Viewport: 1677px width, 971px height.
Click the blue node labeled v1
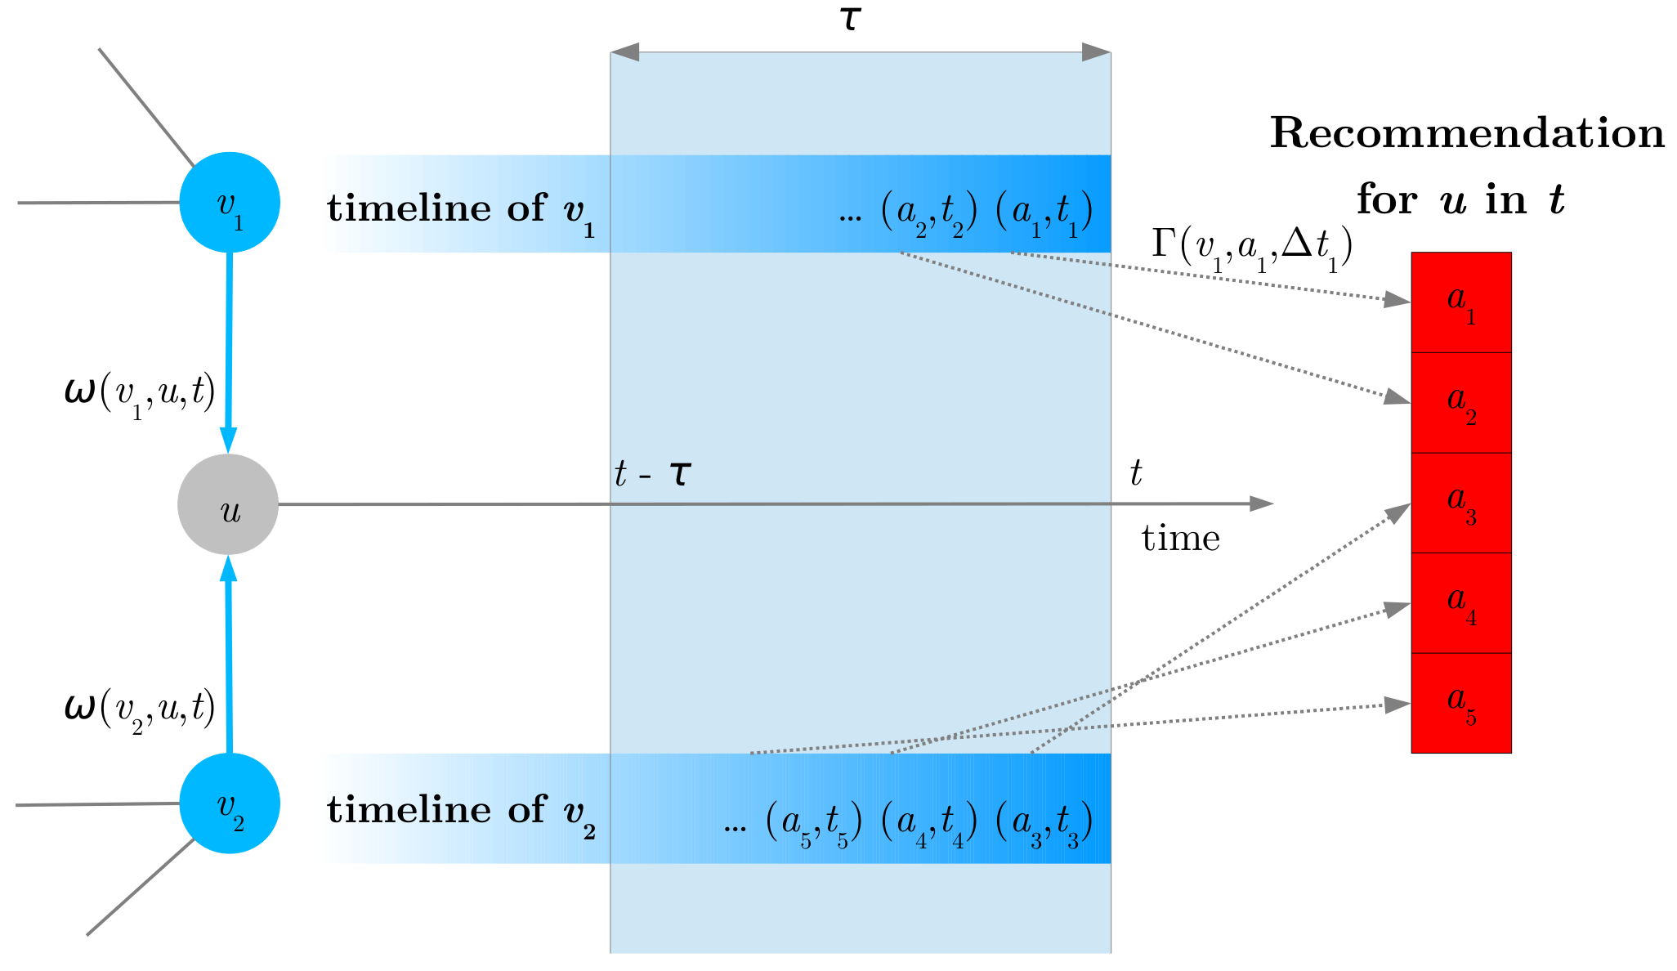click(x=230, y=203)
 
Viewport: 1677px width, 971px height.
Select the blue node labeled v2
click(x=230, y=803)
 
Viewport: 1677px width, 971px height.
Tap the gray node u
click(x=228, y=504)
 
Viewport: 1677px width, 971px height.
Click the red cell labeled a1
click(x=1461, y=302)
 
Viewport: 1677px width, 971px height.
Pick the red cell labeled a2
click(x=1461, y=403)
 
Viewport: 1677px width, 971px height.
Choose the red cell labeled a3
click(x=1461, y=503)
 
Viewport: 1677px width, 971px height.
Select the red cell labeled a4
click(x=1461, y=603)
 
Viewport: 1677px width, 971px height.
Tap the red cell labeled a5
click(x=1461, y=703)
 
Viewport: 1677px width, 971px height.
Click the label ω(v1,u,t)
click(x=140, y=394)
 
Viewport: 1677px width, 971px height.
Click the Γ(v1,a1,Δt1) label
click(x=1251, y=246)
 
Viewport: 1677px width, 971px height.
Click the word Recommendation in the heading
click(x=1467, y=133)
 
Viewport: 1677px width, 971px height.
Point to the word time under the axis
click(x=1180, y=539)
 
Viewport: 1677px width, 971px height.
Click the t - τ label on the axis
click(x=652, y=474)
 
